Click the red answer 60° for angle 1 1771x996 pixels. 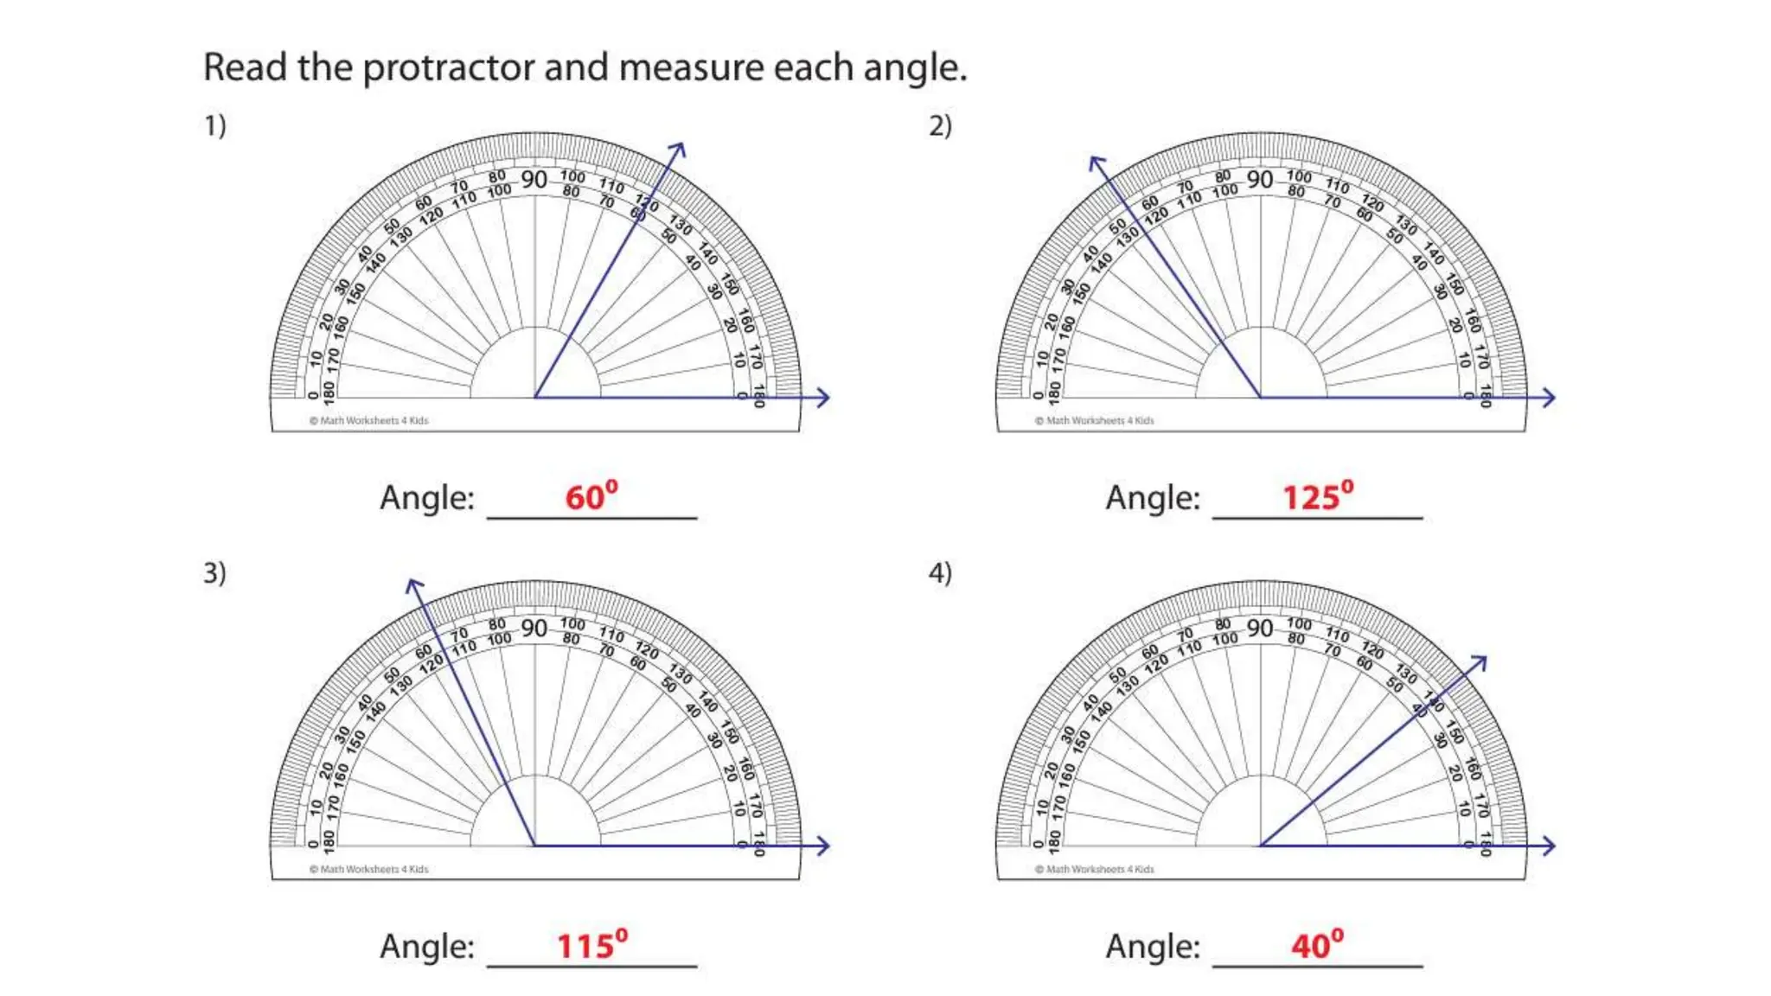pyautogui.click(x=591, y=497)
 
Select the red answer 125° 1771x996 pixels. pyautogui.click(x=1317, y=497)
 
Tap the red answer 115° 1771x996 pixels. pyautogui.click(x=591, y=945)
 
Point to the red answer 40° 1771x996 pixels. pyautogui.click(x=1317, y=945)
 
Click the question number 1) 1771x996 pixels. pyautogui.click(x=214, y=126)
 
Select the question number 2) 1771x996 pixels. pyautogui.click(x=940, y=126)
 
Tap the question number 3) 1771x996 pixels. pyautogui.click(x=214, y=573)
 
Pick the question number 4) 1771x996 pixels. pyautogui.click(x=940, y=573)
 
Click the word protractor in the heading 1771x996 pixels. pyautogui.click(x=449, y=68)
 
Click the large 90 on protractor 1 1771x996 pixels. pyautogui.click(x=534, y=180)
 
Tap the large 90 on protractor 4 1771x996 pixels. pyautogui.click(x=1260, y=628)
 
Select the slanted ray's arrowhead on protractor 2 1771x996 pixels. pyautogui.click(x=1096, y=162)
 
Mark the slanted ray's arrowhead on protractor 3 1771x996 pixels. pyautogui.click(x=414, y=585)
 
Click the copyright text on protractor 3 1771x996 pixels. pyautogui.click(x=369, y=869)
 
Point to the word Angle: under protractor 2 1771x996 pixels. pyautogui.click(x=1153, y=498)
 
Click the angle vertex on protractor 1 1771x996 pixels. pyautogui.click(x=535, y=398)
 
